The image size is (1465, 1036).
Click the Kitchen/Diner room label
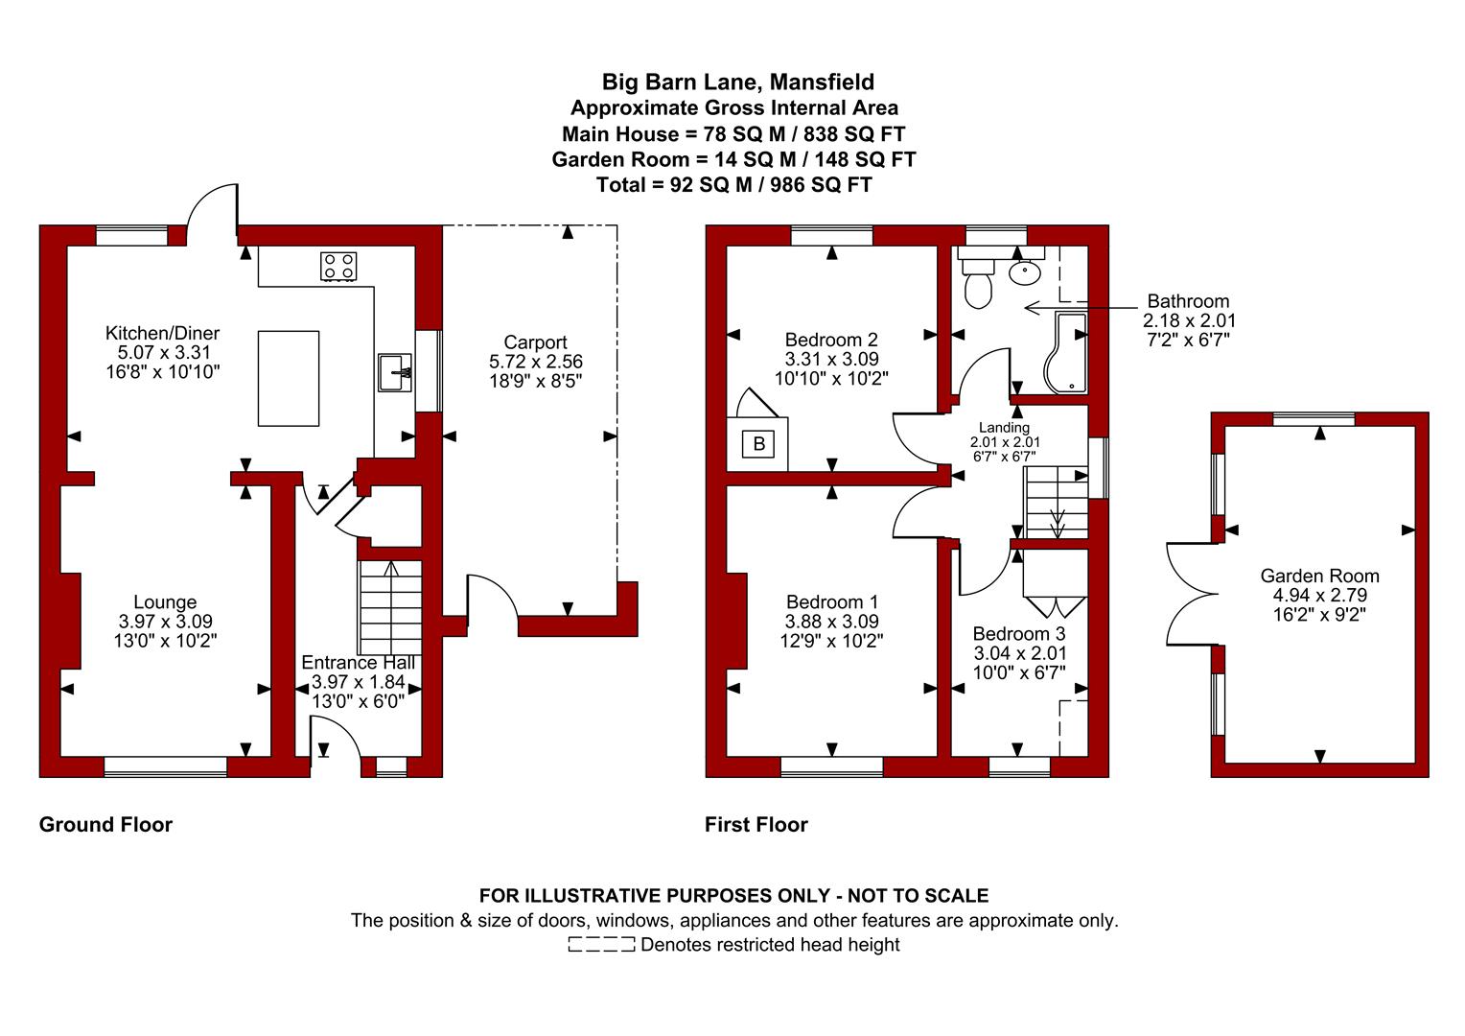tap(162, 333)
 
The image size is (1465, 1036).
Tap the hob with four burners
tap(338, 266)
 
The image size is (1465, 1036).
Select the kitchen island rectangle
tap(289, 378)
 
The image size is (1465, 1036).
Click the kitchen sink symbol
tap(395, 372)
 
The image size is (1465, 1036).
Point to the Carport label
tap(535, 342)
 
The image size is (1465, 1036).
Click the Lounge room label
tap(165, 602)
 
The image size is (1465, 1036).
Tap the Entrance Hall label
tap(359, 663)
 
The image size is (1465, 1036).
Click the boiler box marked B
tap(759, 444)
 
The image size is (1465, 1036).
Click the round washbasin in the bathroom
tap(1025, 271)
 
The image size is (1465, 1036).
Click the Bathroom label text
tap(1188, 301)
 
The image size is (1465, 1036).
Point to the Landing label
tap(1004, 428)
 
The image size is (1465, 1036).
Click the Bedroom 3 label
tap(1018, 634)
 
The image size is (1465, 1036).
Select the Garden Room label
tap(1319, 576)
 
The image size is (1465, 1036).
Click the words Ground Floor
tap(105, 825)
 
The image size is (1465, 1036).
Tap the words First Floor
tap(756, 825)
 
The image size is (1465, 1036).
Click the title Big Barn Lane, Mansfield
tap(737, 82)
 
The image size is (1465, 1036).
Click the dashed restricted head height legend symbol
tap(601, 946)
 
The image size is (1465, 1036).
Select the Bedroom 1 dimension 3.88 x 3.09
tap(831, 622)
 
